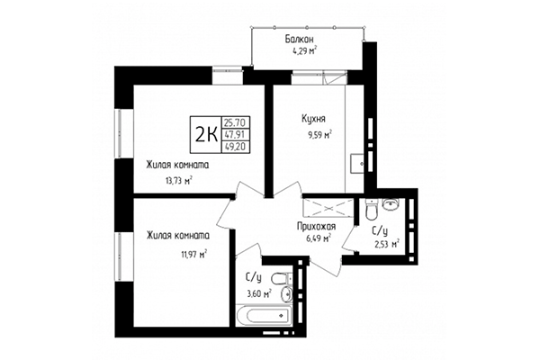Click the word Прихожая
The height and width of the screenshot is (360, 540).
pos(318,227)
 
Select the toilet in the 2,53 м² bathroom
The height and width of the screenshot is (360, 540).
pos(372,211)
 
